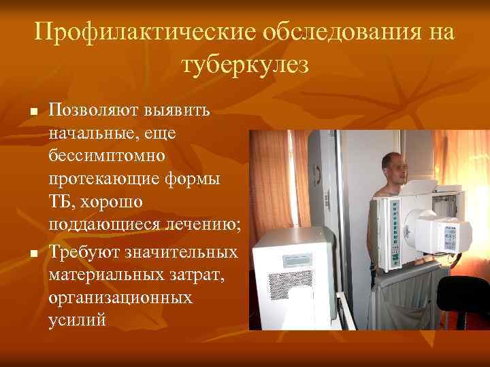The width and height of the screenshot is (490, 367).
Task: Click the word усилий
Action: point(77,321)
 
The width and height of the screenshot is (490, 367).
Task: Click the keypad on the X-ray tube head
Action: point(450,234)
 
